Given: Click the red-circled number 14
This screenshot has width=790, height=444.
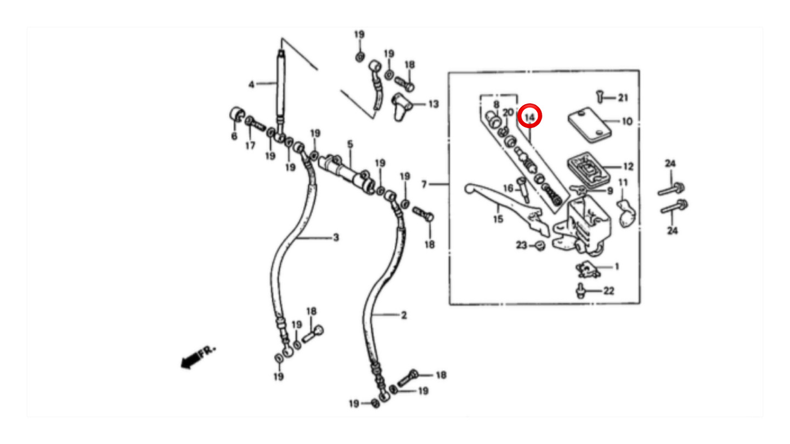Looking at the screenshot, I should [x=530, y=116].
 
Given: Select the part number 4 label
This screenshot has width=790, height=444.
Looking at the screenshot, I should [x=252, y=84].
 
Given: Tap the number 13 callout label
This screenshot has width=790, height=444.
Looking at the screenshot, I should [x=433, y=104].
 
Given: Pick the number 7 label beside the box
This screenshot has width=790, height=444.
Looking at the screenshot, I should [x=424, y=185].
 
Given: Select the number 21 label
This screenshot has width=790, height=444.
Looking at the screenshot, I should [x=623, y=98].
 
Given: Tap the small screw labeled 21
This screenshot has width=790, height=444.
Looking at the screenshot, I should [x=599, y=96].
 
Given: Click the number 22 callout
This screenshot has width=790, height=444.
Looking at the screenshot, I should [x=608, y=291].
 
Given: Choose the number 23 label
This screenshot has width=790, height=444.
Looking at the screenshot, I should [x=521, y=245].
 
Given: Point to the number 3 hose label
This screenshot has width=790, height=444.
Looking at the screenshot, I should [x=336, y=237].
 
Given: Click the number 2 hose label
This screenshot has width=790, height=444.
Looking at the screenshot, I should [x=404, y=315].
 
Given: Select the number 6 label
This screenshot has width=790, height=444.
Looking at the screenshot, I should [x=234, y=136].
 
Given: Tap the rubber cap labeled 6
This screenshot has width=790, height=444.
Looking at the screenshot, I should [x=236, y=116].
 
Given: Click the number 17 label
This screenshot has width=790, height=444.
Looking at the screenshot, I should [x=250, y=145].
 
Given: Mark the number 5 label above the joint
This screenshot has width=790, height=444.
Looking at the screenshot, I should [x=349, y=144].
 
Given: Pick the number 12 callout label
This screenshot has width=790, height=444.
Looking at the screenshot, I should [x=628, y=167].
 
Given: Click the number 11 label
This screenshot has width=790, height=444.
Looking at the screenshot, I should [x=623, y=182].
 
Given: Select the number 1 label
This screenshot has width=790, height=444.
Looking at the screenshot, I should [x=617, y=267].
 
